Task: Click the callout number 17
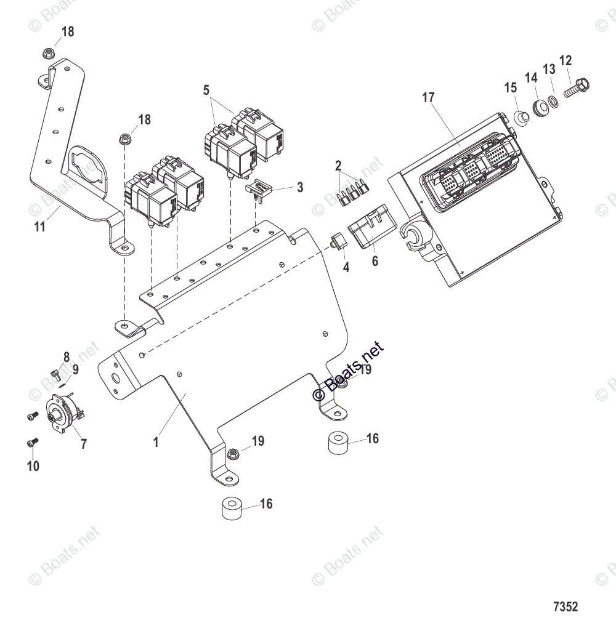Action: [428, 97]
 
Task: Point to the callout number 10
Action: [33, 466]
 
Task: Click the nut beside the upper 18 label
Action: [49, 53]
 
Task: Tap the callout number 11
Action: [39, 227]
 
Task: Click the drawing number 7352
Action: [565, 606]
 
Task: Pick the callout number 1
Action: [156, 442]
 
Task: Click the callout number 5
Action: [206, 90]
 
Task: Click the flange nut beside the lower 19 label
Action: [233, 454]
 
